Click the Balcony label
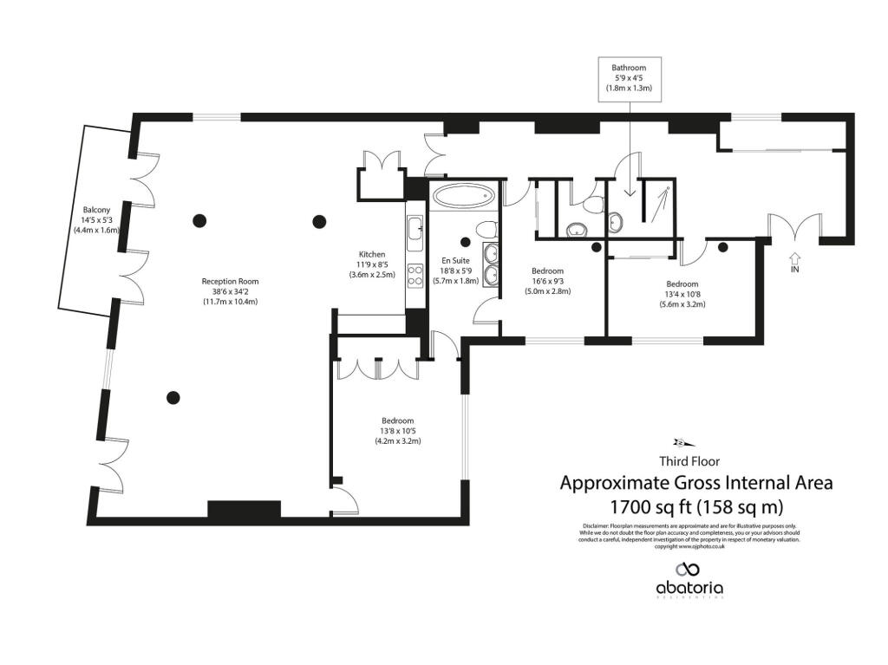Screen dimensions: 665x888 point(95,220)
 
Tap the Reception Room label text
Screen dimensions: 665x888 point(230,291)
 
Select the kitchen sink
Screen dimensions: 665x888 point(414,229)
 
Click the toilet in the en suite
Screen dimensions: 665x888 point(486,229)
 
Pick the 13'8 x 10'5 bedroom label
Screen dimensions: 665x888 point(397,430)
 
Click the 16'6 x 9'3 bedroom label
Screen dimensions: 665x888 point(548,281)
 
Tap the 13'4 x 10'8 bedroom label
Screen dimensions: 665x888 point(682,294)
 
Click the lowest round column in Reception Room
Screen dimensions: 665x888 point(173,397)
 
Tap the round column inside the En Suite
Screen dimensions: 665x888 point(465,242)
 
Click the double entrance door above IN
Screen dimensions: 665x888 point(795,227)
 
